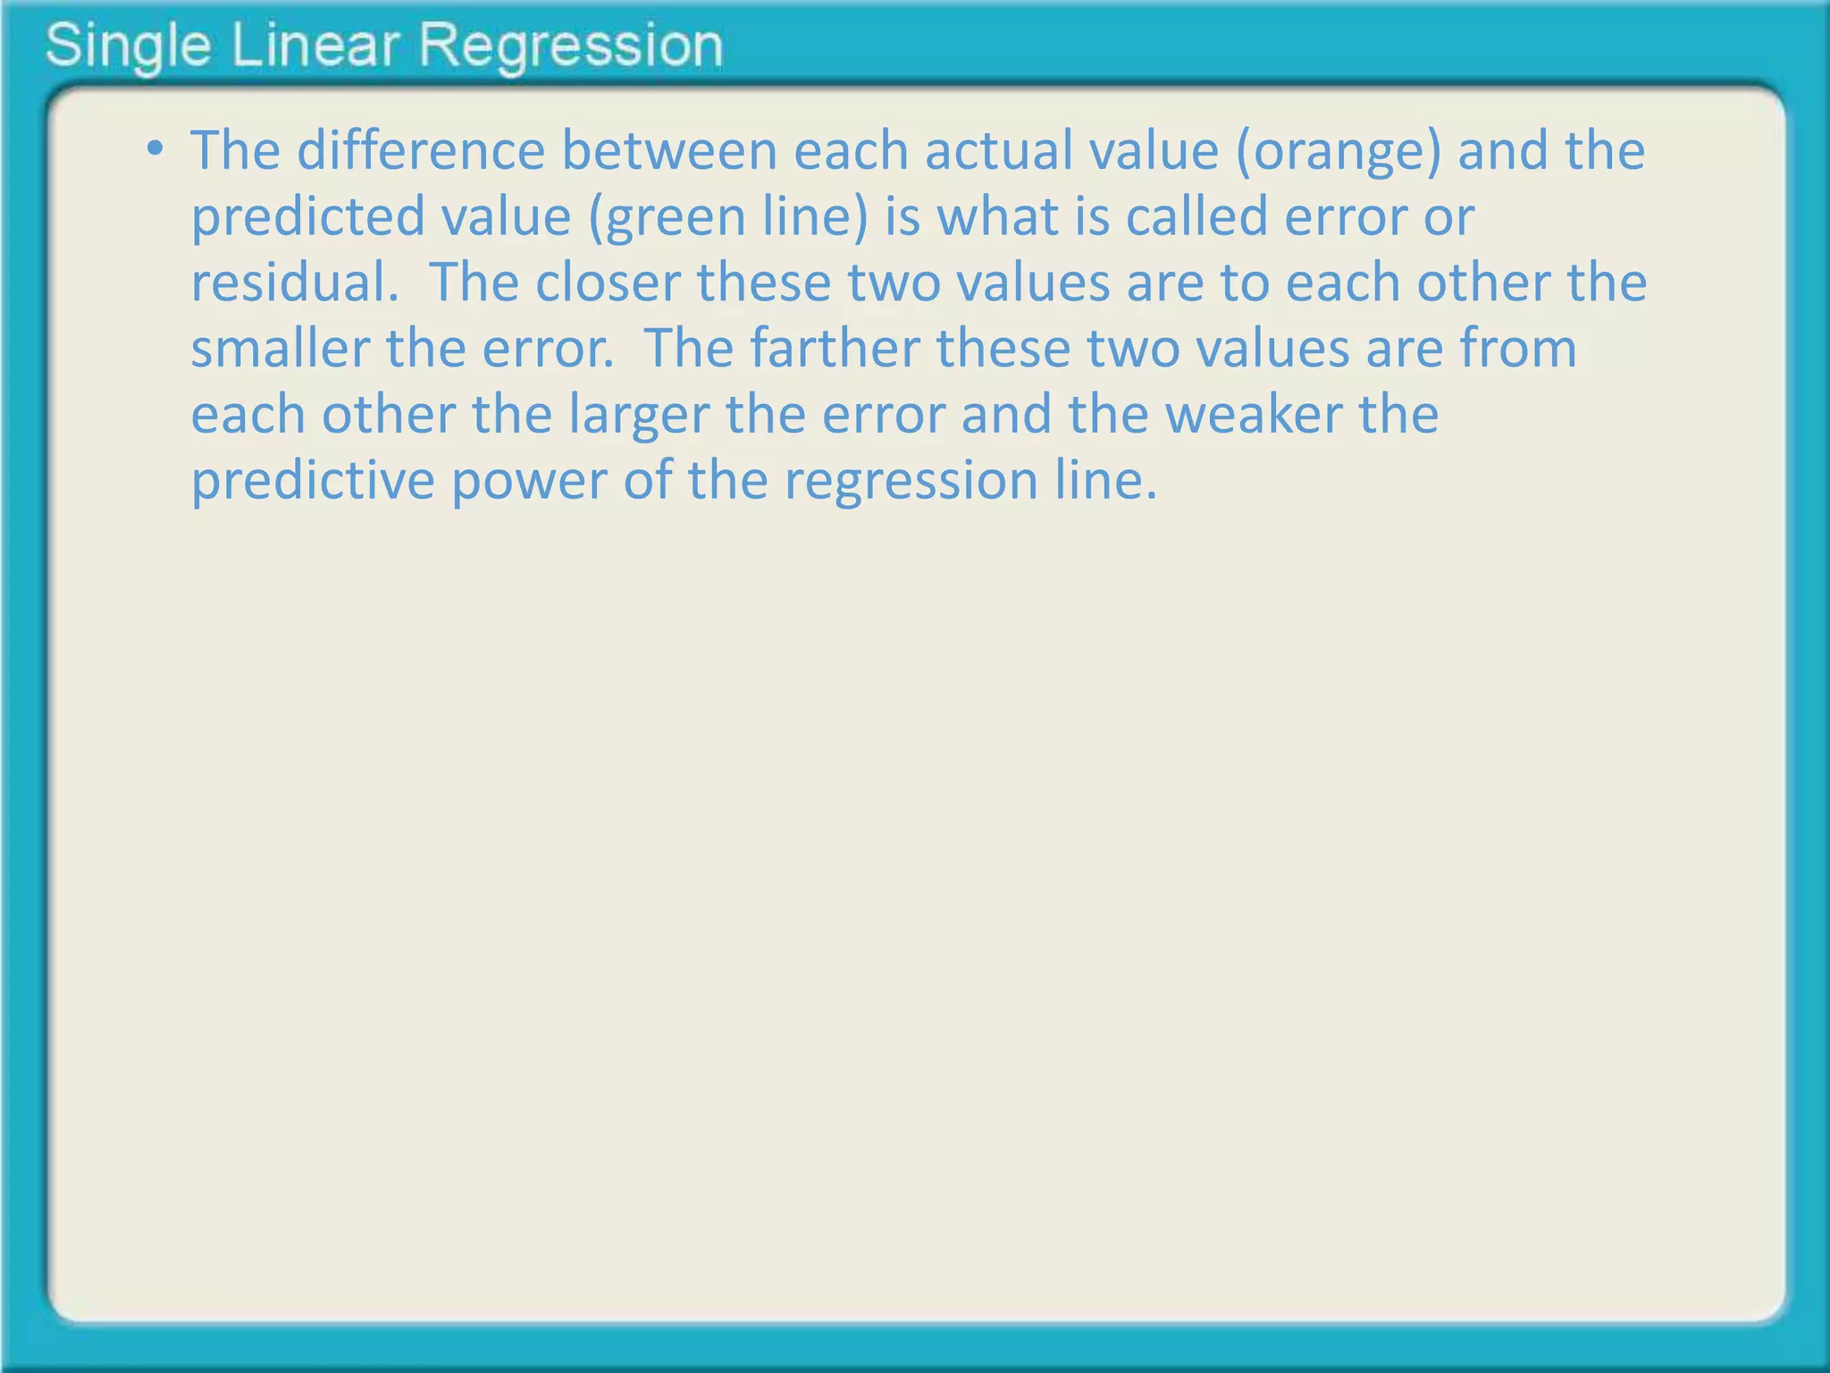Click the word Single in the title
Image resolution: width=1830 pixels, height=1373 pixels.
point(128,46)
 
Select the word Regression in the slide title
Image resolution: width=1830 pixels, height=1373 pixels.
point(571,46)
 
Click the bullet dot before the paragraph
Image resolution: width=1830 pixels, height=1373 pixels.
point(155,148)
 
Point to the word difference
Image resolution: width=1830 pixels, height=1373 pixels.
point(421,150)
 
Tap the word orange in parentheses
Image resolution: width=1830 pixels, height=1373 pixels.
point(1339,152)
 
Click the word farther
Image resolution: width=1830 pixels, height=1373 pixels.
point(835,349)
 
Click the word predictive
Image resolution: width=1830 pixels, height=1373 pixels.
point(313,481)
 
